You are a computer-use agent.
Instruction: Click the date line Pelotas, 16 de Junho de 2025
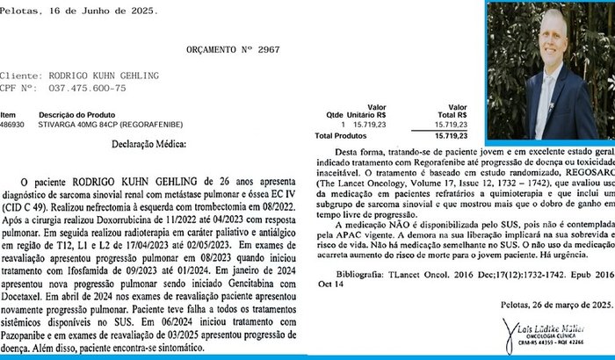(x=80, y=11)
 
